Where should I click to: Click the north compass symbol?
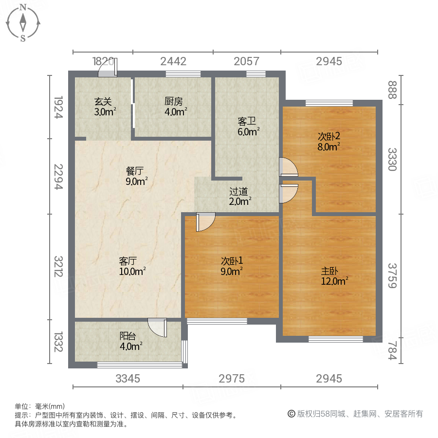click(x=23, y=23)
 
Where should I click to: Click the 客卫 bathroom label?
click(x=248, y=126)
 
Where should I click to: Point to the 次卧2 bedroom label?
click(x=328, y=141)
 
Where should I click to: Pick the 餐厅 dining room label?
click(x=136, y=176)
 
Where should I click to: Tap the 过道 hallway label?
click(x=240, y=196)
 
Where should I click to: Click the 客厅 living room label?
click(x=132, y=266)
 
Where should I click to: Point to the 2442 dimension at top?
click(x=173, y=61)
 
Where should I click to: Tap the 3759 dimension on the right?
click(x=392, y=275)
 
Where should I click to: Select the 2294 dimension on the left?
click(x=58, y=176)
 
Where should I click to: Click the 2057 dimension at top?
click(x=247, y=61)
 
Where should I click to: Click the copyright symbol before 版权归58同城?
click(x=292, y=414)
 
